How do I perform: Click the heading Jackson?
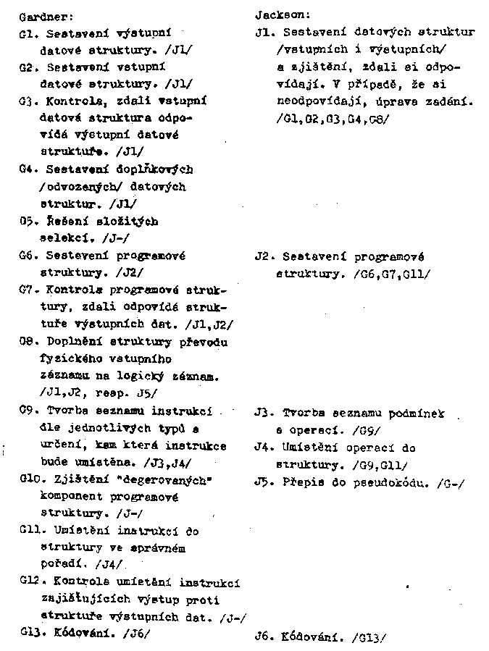(x=283, y=14)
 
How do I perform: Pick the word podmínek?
(x=418, y=413)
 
